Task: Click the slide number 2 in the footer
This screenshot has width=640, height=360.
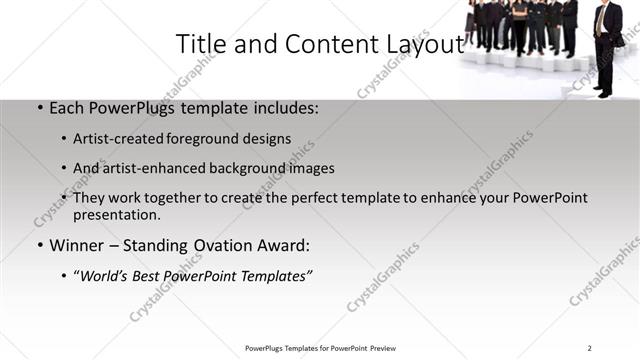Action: pos(590,347)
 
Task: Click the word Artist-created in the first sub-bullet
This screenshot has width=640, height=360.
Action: pos(120,139)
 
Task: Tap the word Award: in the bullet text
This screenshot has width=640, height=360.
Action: pos(284,245)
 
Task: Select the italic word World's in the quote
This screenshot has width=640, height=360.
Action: pos(105,276)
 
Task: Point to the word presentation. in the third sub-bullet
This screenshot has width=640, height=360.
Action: pos(116,214)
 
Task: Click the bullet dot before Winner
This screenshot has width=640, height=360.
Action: pos(39,246)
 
